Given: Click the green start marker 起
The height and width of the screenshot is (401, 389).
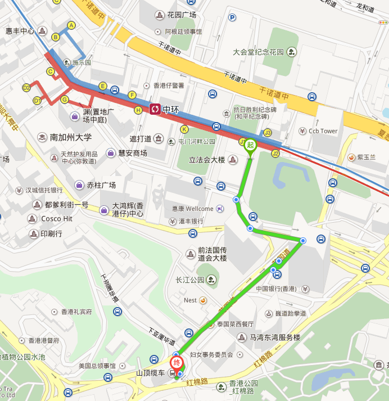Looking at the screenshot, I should coord(250,145).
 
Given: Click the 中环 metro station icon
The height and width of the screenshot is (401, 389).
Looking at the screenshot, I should coord(155,109).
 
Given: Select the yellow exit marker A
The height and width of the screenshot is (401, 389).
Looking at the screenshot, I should coord(71,25).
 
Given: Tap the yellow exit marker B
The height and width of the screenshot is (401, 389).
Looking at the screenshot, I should coord(56,37).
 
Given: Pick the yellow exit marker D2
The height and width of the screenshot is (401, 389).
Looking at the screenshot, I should coord(26,88).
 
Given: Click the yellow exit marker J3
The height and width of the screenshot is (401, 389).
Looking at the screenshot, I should coord(268,133).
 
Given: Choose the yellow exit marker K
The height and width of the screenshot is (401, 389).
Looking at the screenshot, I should coord(183,129).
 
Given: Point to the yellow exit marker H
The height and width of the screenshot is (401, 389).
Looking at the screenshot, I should coord(138,110).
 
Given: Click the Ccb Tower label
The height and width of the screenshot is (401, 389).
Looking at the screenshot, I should coord(323,131).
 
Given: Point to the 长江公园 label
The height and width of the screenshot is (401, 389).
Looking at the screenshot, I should coord(189,280).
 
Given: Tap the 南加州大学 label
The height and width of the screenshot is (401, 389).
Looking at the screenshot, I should coord(70,137).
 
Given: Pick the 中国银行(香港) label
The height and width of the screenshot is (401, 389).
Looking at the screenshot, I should coord(276,289).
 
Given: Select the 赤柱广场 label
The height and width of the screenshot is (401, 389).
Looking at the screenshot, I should coord(101,185).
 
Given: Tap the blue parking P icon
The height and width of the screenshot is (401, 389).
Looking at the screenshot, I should coord(232,17).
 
